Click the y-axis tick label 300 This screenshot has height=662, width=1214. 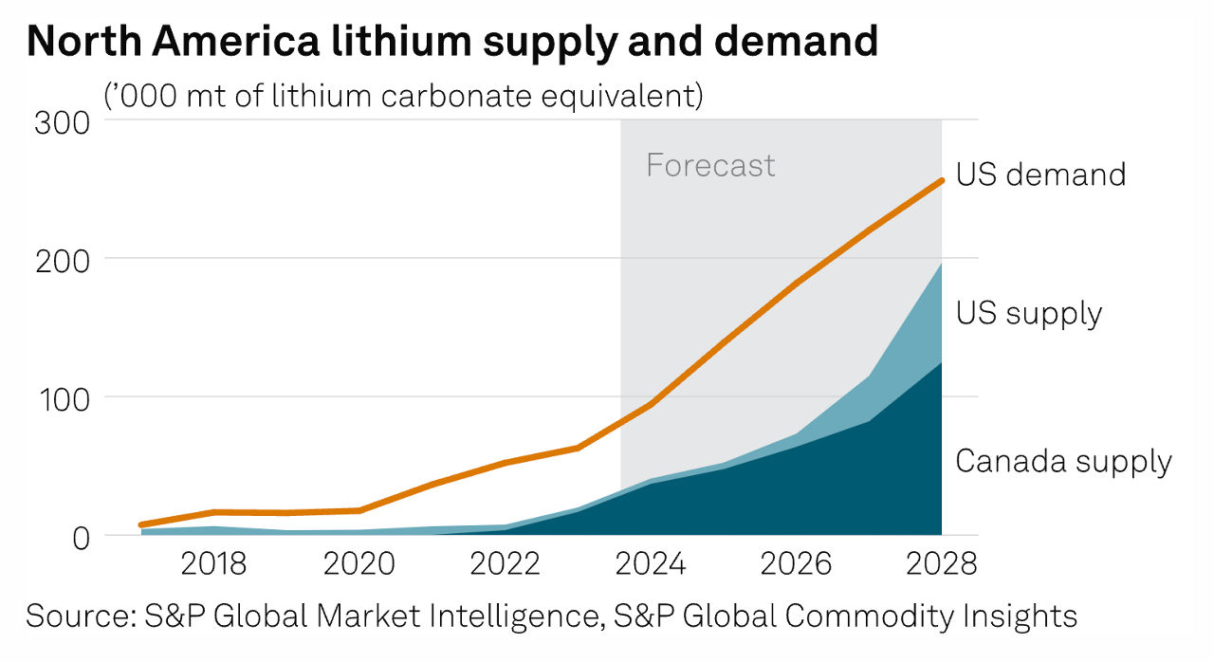coord(63,123)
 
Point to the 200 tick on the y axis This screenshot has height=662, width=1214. coord(63,259)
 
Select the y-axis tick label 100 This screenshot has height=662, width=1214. coord(63,397)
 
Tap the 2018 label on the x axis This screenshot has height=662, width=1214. coord(213,564)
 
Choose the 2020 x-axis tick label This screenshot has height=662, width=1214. coord(359,564)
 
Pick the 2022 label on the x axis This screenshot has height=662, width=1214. coord(505,564)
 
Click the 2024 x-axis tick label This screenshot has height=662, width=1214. coord(651,564)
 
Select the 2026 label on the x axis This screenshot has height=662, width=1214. coord(797,564)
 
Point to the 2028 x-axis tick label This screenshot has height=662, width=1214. coord(941,564)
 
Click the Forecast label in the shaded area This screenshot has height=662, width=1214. coord(710,166)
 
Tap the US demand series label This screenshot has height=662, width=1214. coord(1040,175)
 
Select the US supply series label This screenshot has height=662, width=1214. coord(1029,313)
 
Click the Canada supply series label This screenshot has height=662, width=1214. coord(1063,462)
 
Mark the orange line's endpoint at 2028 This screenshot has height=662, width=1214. coord(941,180)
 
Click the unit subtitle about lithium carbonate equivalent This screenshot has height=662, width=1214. coord(403,96)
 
